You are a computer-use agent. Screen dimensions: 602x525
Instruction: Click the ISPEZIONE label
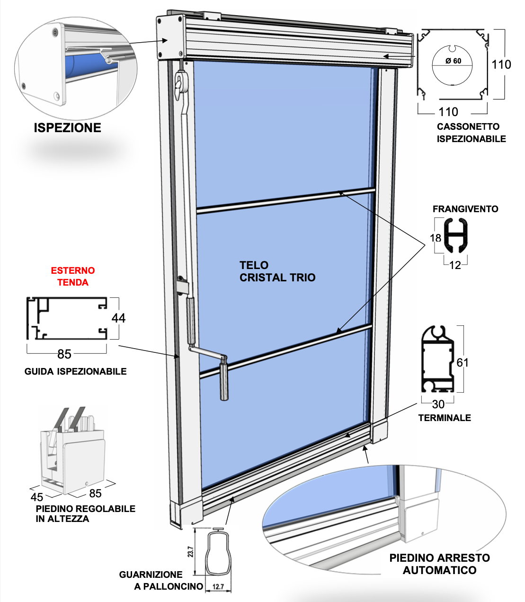pyautogui.click(x=67, y=128)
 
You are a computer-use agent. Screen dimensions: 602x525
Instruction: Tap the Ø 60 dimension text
pyautogui.click(x=453, y=61)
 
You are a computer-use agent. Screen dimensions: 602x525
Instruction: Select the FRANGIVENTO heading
pyautogui.click(x=465, y=209)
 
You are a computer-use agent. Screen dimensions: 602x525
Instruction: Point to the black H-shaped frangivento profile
pyautogui.click(x=456, y=235)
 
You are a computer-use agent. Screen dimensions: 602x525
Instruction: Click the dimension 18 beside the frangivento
pyautogui.click(x=436, y=238)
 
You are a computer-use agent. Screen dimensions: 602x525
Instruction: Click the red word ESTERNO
pyautogui.click(x=73, y=270)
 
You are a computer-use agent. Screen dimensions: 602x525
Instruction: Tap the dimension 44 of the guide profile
pyautogui.click(x=118, y=318)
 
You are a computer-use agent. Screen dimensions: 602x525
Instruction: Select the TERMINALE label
pyautogui.click(x=445, y=418)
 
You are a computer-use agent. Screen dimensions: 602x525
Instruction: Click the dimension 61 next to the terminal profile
pyautogui.click(x=463, y=363)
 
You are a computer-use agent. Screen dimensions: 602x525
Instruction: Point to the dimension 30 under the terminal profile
pyautogui.click(x=438, y=404)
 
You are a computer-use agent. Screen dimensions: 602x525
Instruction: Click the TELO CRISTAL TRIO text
pyautogui.click(x=277, y=271)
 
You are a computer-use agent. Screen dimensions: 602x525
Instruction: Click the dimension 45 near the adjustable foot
pyautogui.click(x=37, y=497)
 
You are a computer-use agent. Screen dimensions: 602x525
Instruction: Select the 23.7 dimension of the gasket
pyautogui.click(x=191, y=551)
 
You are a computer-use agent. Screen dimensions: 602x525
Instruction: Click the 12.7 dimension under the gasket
pyautogui.click(x=218, y=586)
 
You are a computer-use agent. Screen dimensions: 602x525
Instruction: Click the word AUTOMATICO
pyautogui.click(x=439, y=570)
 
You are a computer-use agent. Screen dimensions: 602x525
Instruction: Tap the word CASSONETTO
pyautogui.click(x=468, y=126)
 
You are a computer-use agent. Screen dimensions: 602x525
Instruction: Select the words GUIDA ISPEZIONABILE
pyautogui.click(x=76, y=371)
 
